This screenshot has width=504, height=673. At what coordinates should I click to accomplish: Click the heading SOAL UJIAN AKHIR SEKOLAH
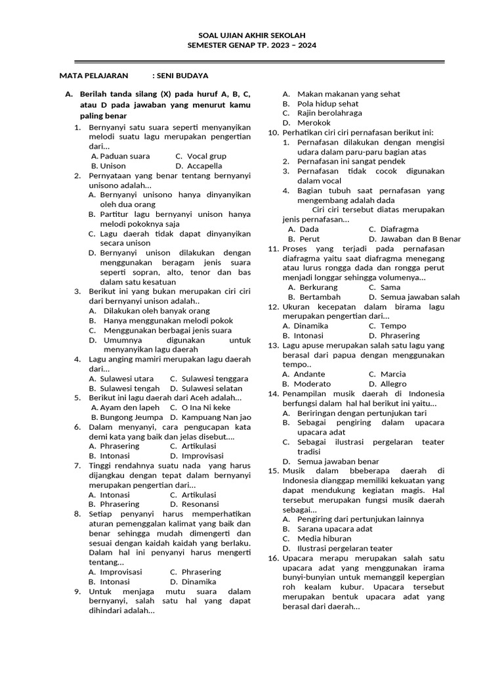point(252,35)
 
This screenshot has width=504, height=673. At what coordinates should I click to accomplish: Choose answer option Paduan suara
point(125,156)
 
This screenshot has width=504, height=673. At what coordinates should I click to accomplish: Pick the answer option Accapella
point(204,166)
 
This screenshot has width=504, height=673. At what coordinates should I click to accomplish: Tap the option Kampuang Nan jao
point(216,417)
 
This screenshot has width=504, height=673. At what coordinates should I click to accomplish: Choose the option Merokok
point(314,123)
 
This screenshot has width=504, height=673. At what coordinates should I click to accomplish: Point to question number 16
point(274,558)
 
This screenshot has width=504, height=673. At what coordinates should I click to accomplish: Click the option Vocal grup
point(206,156)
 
